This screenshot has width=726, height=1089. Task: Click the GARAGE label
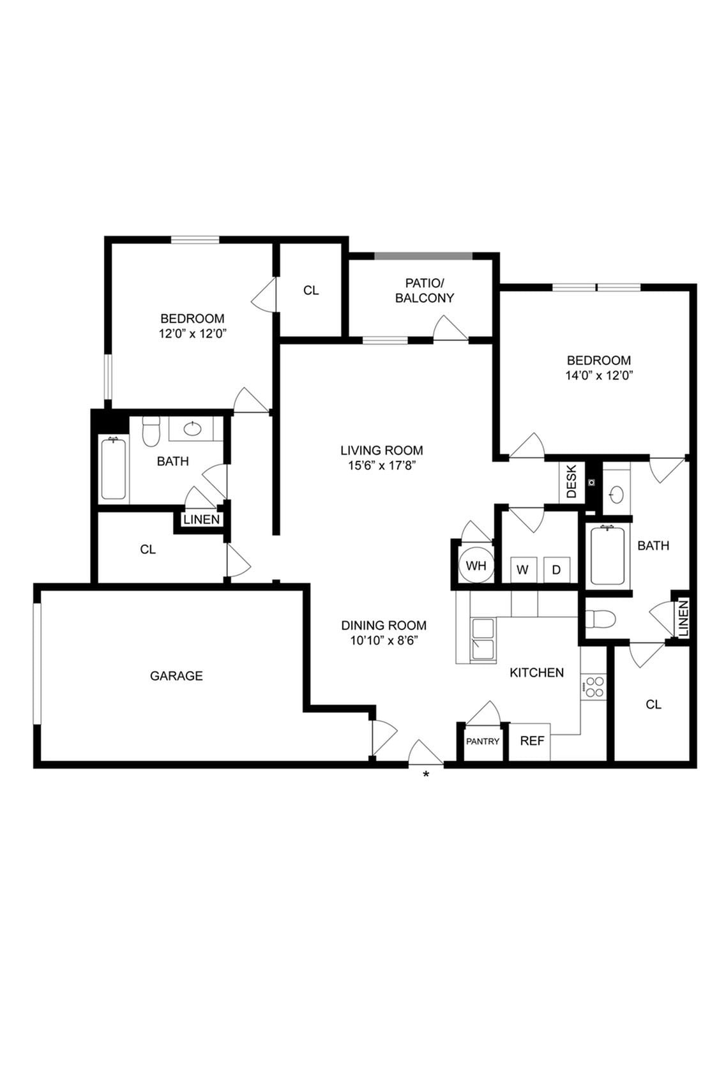(176, 675)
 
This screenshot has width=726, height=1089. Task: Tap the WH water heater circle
(476, 566)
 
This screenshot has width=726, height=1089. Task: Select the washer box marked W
(522, 570)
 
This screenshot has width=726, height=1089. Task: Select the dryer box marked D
(556, 570)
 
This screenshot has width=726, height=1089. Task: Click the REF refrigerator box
(531, 741)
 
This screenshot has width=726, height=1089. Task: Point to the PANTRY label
(483, 742)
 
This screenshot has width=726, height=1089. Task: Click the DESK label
(571, 482)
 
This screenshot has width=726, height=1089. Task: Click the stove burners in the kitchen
(594, 687)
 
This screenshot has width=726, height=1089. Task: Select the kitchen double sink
(483, 640)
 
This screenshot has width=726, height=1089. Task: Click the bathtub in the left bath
(113, 468)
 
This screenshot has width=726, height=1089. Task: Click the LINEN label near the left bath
(201, 520)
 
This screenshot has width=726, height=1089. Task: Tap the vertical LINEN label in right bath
(683, 618)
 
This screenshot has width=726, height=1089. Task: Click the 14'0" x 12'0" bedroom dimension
(598, 376)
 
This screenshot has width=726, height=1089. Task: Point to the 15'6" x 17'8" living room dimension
(381, 466)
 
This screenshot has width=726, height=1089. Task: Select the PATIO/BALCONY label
(425, 290)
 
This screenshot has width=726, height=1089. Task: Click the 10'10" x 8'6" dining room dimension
(383, 641)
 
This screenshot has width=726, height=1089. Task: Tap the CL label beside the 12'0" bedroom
(311, 290)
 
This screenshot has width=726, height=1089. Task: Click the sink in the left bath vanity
(193, 429)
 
